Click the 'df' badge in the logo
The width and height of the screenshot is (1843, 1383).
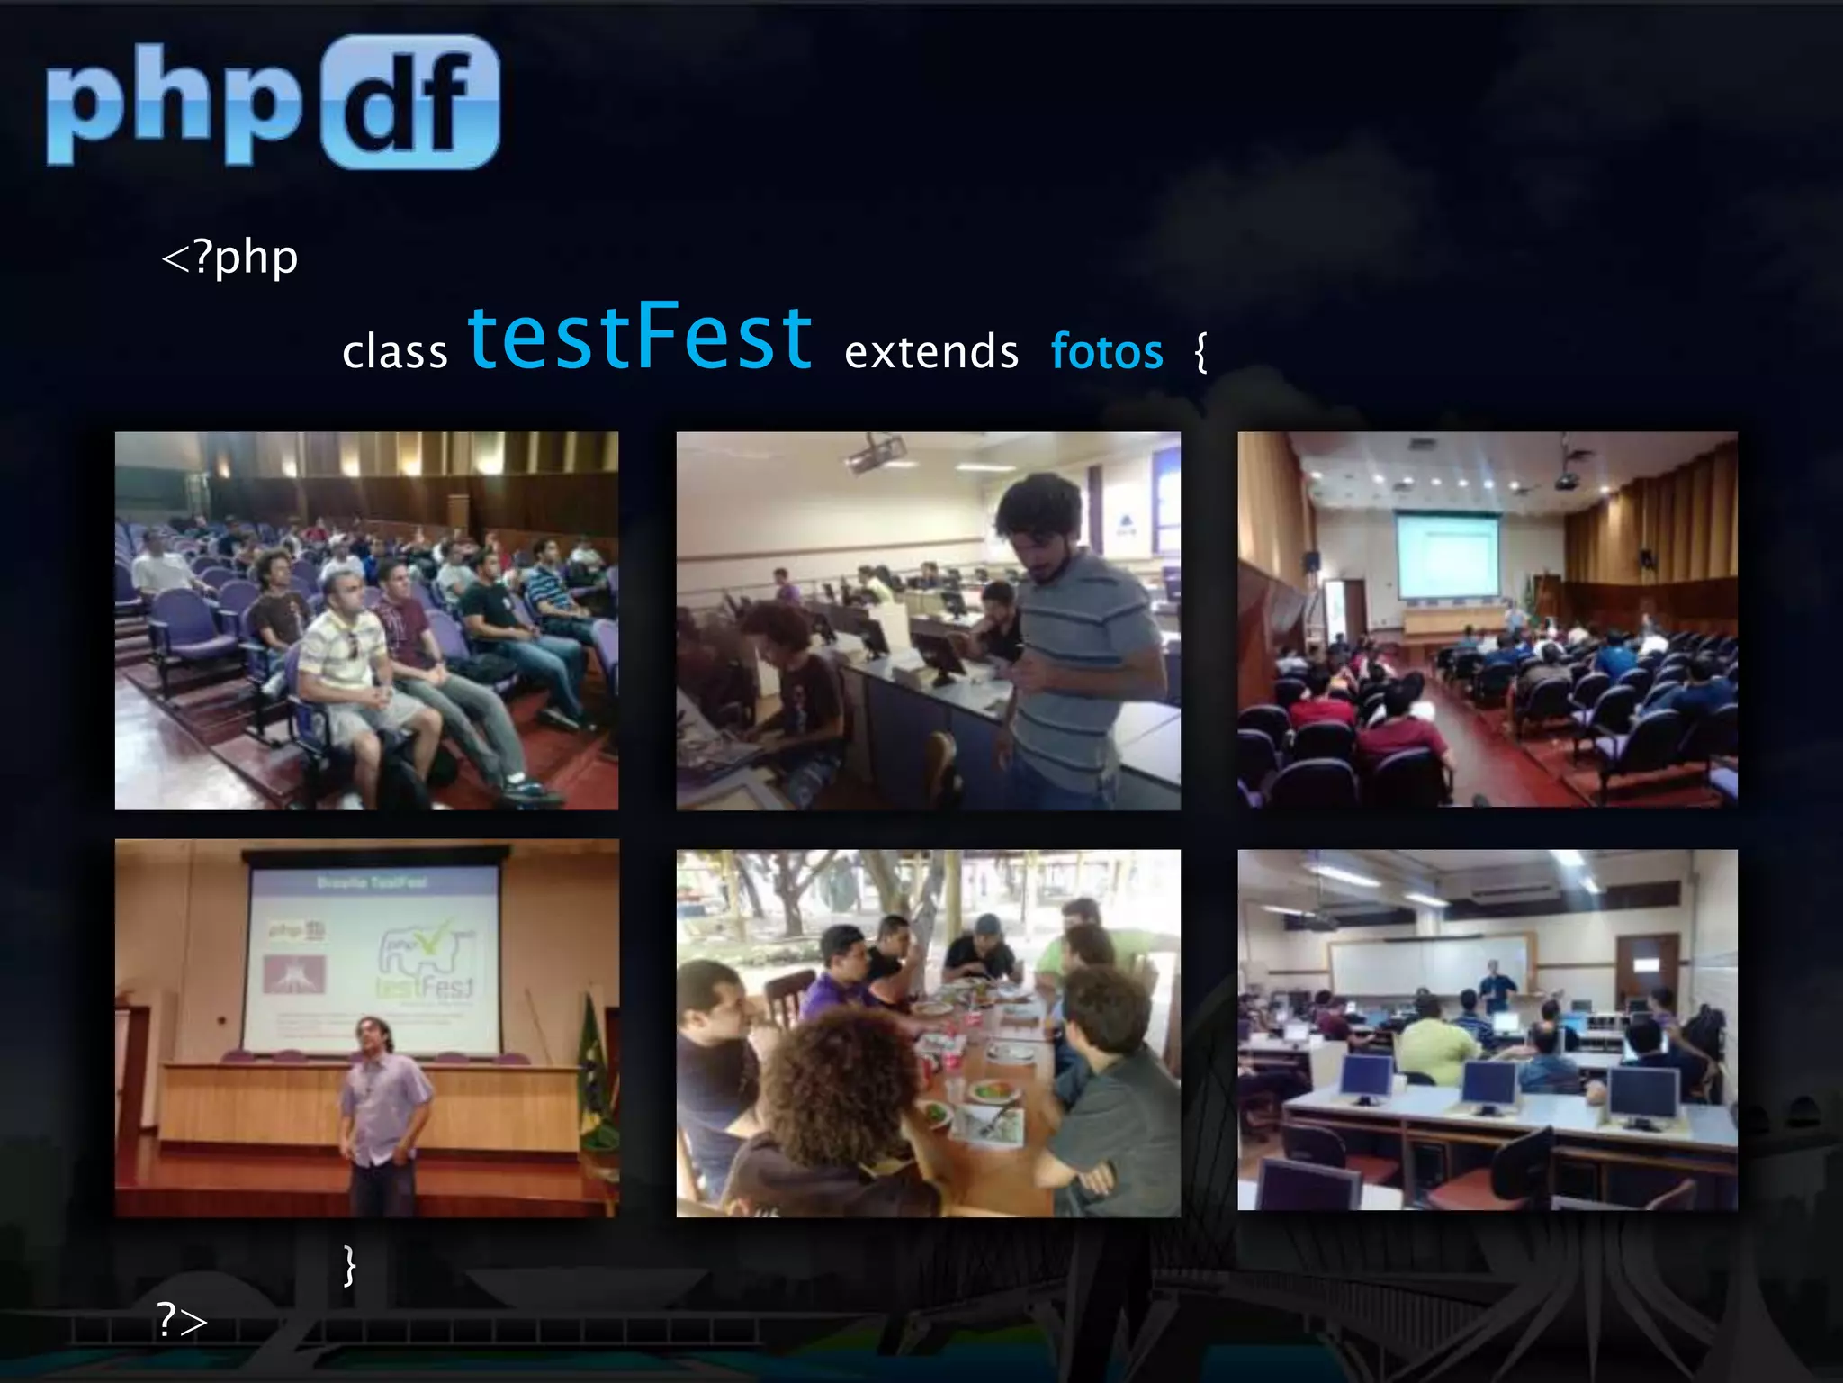point(410,102)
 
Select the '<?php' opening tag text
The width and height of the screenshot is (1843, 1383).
point(229,258)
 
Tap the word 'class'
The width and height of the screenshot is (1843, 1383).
point(395,351)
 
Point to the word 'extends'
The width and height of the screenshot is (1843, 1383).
point(931,351)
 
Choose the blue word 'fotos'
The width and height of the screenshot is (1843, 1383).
point(1107,351)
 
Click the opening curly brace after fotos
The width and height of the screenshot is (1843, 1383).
point(1200,351)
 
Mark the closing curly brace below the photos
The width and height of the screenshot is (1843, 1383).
point(350,1265)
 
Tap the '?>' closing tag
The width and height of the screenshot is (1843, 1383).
point(182,1320)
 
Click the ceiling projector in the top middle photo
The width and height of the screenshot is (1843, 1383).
point(873,452)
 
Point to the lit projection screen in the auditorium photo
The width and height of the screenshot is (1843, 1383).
point(1447,554)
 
